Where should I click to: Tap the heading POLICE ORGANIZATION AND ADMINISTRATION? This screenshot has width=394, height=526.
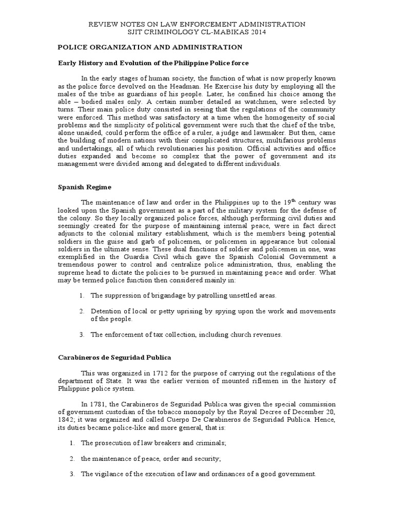[149, 47]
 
